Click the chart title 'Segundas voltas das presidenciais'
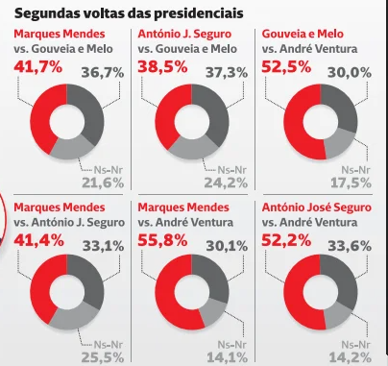[127, 12]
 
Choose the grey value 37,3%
[228, 72]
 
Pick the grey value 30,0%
[352, 72]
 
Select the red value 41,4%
[38, 240]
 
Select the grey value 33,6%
[352, 246]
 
